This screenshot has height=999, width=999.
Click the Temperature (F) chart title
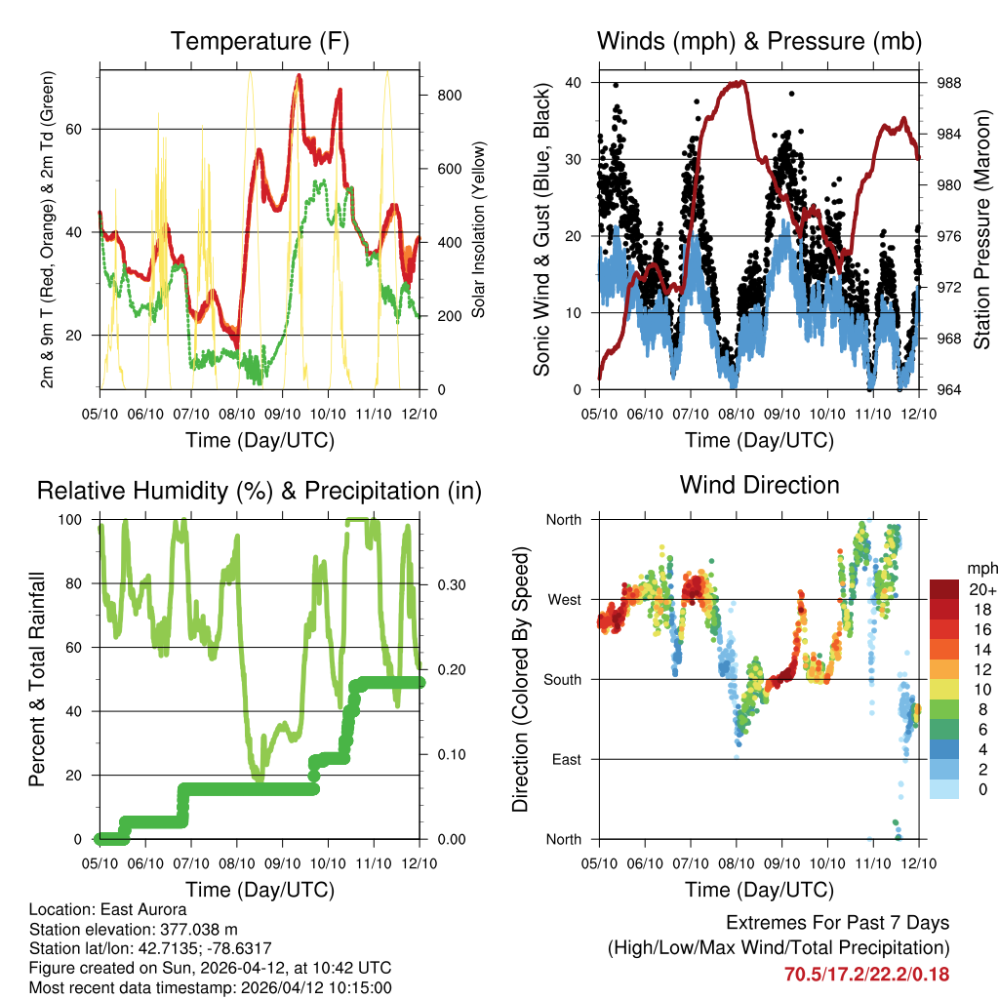260,42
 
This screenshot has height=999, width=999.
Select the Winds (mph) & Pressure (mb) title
759,42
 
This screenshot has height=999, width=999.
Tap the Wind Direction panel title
759,485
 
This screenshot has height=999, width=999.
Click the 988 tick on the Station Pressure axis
947,83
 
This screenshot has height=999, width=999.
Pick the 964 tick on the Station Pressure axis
947,390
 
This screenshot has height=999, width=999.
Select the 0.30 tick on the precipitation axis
450,584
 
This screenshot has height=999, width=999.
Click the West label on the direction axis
564,599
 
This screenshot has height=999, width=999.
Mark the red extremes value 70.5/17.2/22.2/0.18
866,975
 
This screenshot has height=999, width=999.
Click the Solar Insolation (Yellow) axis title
479,230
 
